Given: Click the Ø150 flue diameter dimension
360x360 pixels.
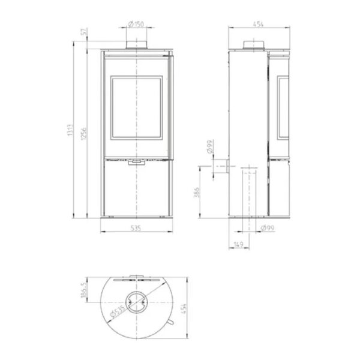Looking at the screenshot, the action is (136, 24).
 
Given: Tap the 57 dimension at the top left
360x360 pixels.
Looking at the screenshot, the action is (85, 31).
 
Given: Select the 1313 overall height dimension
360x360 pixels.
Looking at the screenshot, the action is (70, 130).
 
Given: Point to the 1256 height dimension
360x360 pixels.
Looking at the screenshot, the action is (84, 133).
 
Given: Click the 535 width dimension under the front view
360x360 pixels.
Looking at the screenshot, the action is (136, 228).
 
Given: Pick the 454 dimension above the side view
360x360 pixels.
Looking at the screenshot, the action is (258, 24).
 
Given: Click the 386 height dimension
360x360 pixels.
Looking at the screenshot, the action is (197, 193).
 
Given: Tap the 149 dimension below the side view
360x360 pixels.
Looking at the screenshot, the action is (239, 244).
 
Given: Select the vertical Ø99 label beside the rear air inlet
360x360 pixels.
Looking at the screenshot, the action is (211, 146).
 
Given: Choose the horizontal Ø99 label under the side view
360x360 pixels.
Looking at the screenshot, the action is (268, 228).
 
